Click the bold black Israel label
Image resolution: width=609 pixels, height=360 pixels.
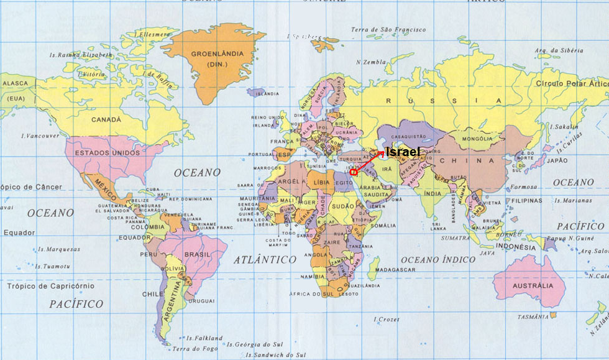pyautogui.click(x=403, y=152)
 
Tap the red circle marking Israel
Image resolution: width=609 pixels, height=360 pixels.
pyautogui.click(x=353, y=172)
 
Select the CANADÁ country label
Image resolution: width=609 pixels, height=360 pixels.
pyautogui.click(x=106, y=119)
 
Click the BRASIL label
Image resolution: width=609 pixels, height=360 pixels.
pyautogui.click(x=198, y=254)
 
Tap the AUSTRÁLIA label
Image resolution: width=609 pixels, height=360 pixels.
pyautogui.click(x=534, y=286)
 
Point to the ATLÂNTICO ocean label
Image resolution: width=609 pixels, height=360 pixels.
pyautogui.click(x=265, y=259)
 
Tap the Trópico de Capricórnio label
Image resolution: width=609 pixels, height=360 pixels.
pyautogui.click(x=51, y=286)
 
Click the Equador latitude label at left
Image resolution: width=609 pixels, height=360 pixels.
pyautogui.click(x=19, y=233)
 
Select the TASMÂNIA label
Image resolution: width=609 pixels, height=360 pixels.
pyautogui.click(x=533, y=317)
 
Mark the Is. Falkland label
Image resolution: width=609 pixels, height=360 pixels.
pyautogui.click(x=199, y=338)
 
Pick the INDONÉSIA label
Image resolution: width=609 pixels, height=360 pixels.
pyautogui.click(x=516, y=247)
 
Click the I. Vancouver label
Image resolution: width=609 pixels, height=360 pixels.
pyautogui.click(x=40, y=136)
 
